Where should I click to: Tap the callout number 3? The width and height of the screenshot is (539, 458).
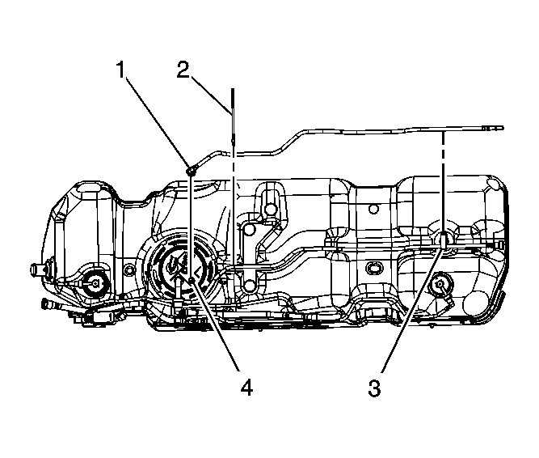[374, 388]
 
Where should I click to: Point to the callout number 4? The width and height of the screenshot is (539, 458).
[246, 388]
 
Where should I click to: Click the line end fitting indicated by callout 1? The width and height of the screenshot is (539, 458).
[192, 171]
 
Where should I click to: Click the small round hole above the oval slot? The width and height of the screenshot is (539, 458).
[372, 209]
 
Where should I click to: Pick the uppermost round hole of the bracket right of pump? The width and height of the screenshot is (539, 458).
[271, 210]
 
